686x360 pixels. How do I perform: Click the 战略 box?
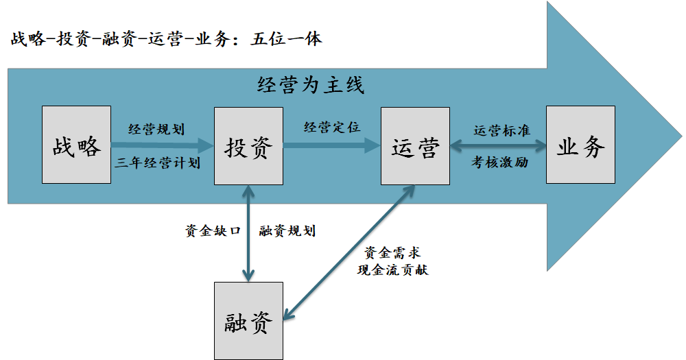tap(76, 145)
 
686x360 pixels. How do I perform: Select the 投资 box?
tap(248, 145)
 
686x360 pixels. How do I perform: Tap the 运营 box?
tap(415, 145)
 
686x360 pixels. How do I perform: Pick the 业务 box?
tap(580, 145)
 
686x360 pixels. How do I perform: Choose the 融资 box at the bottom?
tap(248, 321)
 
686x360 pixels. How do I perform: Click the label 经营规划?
tap(156, 128)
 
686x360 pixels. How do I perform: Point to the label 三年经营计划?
tap(157, 163)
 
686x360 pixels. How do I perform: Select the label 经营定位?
tap(332, 127)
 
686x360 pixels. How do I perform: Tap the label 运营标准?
tap(501, 130)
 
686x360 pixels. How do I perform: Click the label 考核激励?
tap(500, 163)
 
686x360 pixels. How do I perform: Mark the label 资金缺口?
tap(213, 231)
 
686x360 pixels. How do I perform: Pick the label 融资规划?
tap(287, 231)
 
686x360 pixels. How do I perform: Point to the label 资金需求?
tap(388, 253)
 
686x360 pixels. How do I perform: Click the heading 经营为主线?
tap(311, 85)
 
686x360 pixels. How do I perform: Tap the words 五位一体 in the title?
tap(286, 38)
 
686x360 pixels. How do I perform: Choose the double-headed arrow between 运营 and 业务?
tap(498, 145)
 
